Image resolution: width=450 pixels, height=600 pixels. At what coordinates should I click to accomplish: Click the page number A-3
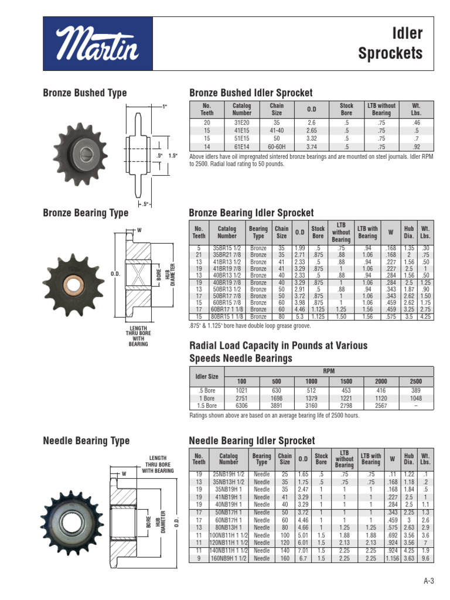pos(428,581)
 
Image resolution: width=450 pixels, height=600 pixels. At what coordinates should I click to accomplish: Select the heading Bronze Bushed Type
pos(85,93)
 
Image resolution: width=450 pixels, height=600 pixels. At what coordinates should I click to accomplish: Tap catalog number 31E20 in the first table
pos(242,123)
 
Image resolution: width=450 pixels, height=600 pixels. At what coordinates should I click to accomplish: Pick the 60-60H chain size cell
pos(277,147)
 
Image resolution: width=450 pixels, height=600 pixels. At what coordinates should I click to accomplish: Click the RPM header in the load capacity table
pos(329,371)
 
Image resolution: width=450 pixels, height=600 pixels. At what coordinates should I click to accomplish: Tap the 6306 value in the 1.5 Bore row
pos(242,405)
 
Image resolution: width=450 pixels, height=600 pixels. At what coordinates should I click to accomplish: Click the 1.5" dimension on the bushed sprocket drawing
pos(172,156)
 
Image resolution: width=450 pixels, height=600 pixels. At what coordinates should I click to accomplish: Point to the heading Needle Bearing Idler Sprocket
pos(251,440)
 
